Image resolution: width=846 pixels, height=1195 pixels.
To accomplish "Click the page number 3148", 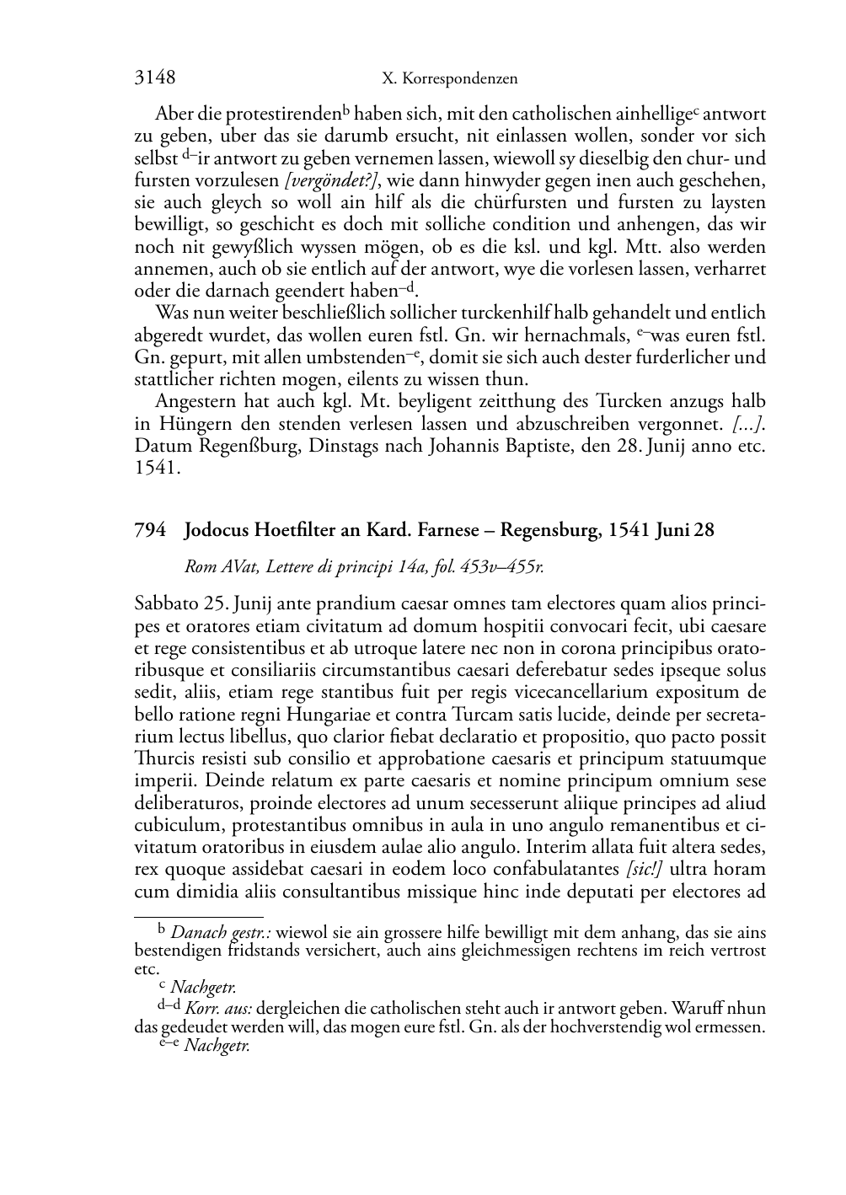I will (x=155, y=78).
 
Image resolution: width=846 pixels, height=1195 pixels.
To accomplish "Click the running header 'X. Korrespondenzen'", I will (x=449, y=79).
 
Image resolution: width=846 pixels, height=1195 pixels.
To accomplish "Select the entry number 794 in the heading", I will (x=150, y=530).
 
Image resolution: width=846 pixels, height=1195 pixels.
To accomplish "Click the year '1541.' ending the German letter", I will (x=158, y=468).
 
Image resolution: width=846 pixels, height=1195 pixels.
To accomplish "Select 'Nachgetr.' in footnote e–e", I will (x=217, y=1046).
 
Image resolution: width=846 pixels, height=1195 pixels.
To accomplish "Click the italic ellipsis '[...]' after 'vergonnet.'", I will (x=747, y=424).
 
